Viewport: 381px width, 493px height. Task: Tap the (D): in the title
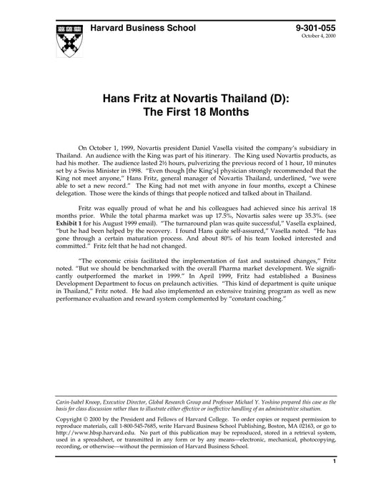coord(276,97)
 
